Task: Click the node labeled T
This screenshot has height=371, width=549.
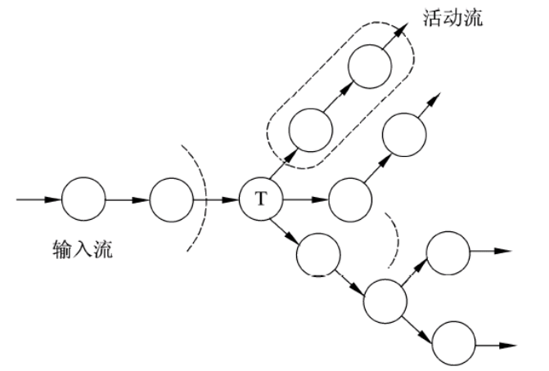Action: [x=261, y=199]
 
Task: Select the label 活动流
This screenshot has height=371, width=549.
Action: [x=452, y=16]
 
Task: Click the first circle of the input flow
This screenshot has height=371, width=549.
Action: [x=84, y=199]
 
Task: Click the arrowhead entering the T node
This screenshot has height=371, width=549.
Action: [x=233, y=199]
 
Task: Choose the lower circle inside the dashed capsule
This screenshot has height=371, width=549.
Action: [x=311, y=128]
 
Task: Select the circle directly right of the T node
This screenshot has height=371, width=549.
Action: [x=349, y=199]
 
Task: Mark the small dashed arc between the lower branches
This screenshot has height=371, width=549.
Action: [x=398, y=237]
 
